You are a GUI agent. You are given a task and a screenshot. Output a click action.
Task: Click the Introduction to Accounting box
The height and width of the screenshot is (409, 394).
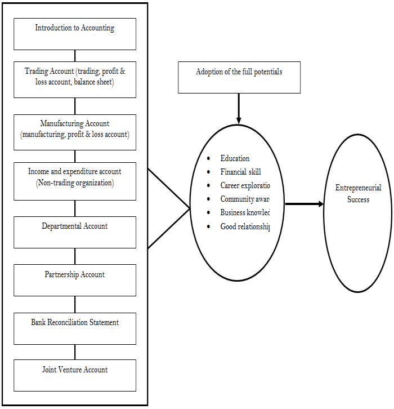(x=75, y=34)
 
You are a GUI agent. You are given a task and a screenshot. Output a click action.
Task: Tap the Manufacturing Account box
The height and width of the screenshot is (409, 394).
(x=75, y=132)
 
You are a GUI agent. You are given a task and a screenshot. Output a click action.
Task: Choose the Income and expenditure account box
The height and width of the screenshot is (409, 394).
(x=75, y=181)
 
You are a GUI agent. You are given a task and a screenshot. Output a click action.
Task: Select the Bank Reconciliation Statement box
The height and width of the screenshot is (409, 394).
(x=75, y=328)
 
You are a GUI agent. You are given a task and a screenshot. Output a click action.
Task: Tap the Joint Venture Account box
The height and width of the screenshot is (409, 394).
(x=75, y=375)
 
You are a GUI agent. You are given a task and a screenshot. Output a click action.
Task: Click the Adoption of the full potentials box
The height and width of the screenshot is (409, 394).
(x=239, y=77)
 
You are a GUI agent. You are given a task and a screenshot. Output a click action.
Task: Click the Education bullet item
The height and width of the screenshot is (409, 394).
(x=235, y=159)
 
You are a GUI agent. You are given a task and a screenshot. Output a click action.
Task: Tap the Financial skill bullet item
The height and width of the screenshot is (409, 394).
(x=240, y=172)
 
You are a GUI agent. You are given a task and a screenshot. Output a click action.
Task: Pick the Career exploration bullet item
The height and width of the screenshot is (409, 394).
(x=245, y=185)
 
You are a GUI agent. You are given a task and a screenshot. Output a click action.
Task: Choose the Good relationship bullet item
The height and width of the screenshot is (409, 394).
(x=245, y=226)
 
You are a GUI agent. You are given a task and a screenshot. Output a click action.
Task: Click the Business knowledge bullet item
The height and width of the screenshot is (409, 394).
(x=245, y=212)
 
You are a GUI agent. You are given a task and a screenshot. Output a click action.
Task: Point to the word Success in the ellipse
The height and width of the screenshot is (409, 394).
(x=359, y=199)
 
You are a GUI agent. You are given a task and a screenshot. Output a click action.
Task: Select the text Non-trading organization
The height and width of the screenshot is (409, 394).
(x=75, y=183)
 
